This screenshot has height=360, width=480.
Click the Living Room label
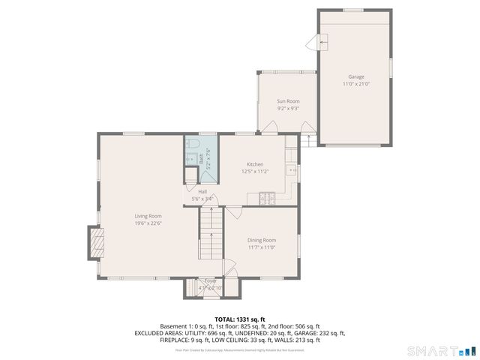pyautogui.click(x=148, y=216)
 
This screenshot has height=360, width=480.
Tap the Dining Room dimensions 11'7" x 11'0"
pyautogui.click(x=262, y=247)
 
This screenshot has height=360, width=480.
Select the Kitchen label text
pyautogui.click(x=255, y=164)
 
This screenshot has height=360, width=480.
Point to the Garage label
pyautogui.click(x=355, y=76)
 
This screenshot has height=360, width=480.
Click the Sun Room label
pyautogui.click(x=288, y=101)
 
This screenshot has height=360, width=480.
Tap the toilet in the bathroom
pyautogui.click(x=192, y=143)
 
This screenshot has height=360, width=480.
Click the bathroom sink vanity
pyautogui.click(x=190, y=158)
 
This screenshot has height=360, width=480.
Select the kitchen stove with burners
pyautogui.click(x=267, y=198)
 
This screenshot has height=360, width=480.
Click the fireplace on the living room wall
pyautogui.click(x=94, y=243)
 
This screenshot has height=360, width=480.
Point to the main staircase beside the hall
pyautogui.click(x=211, y=232)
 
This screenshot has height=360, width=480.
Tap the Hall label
pyautogui.click(x=202, y=191)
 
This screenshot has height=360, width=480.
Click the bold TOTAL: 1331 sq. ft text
pyautogui.click(x=240, y=319)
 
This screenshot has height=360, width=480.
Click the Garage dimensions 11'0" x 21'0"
pyautogui.click(x=355, y=84)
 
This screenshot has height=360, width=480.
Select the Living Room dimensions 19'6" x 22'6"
pyautogui.click(x=148, y=223)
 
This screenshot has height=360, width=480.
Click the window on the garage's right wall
pyautogui.click(x=391, y=67)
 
